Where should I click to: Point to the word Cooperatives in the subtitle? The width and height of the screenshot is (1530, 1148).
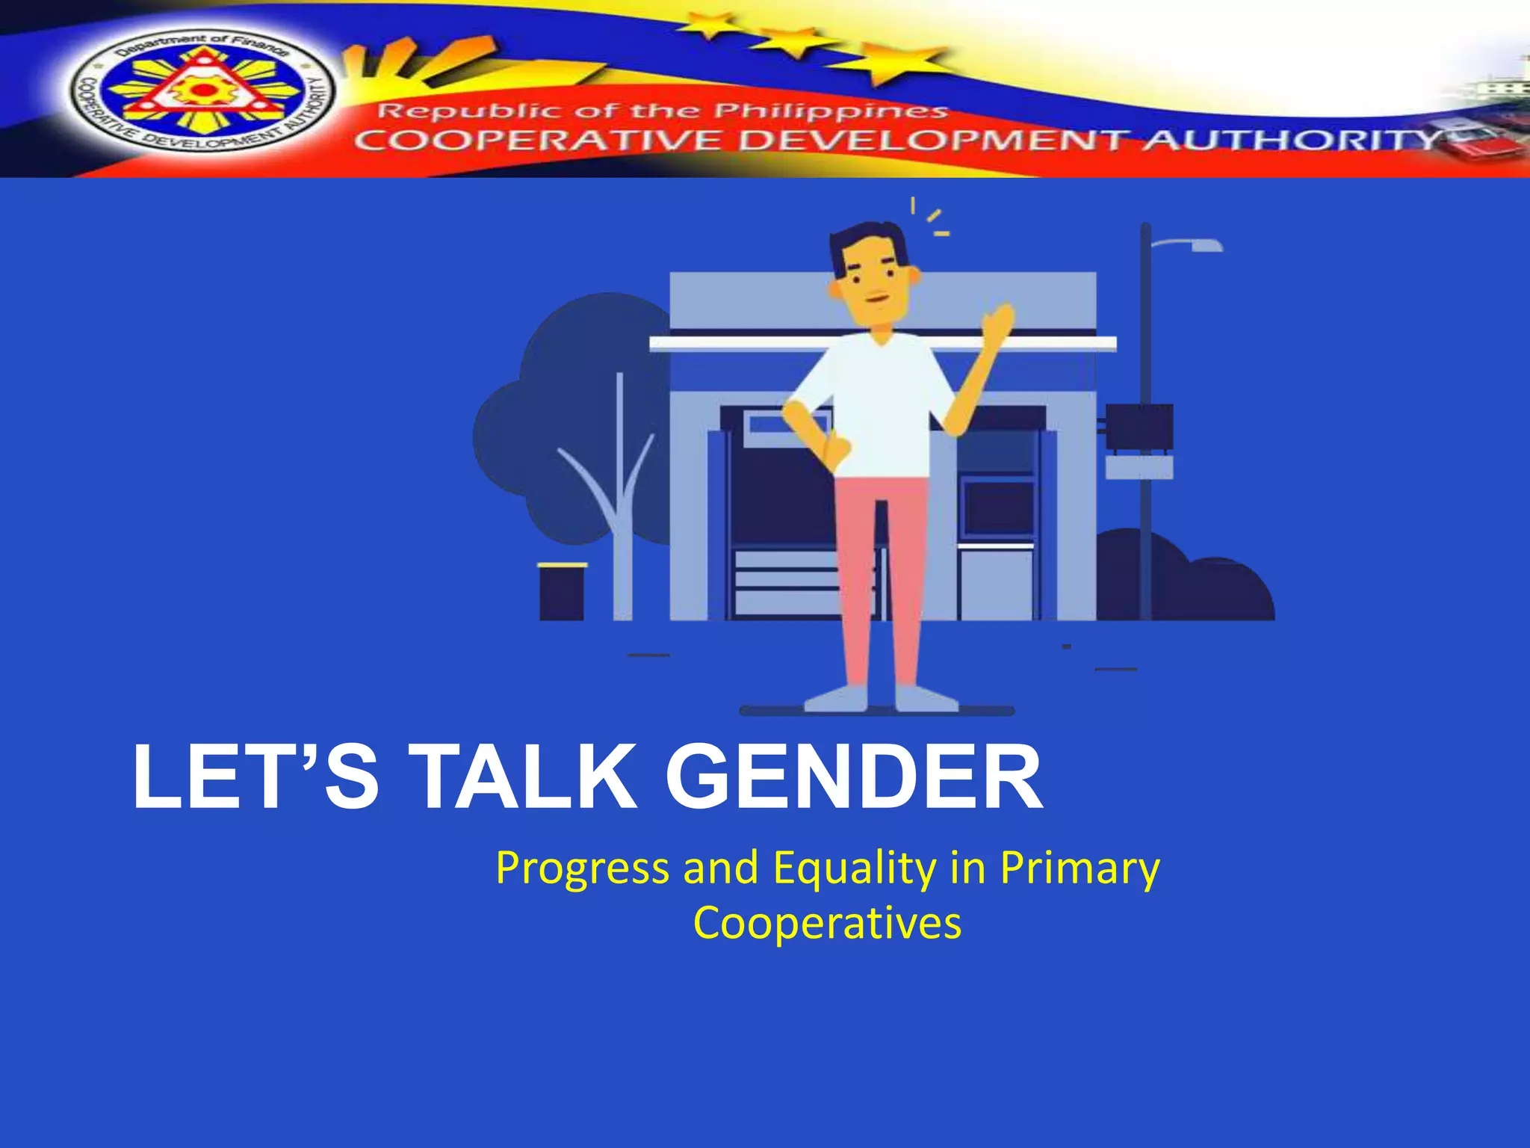pos(827,923)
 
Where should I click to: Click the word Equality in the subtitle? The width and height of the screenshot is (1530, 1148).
pos(855,869)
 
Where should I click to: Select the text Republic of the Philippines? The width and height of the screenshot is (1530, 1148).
pos(662,112)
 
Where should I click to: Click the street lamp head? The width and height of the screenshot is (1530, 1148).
pos(1204,245)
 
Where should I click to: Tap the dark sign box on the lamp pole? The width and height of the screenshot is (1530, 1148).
pos(1139,427)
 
